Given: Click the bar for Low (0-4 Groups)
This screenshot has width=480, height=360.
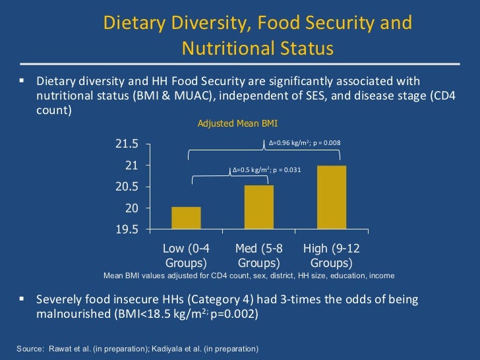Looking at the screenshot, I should point(186,218).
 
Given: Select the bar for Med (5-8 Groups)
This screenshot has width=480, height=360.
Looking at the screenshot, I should point(258,207).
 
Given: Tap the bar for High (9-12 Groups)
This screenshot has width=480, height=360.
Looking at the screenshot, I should point(331,197).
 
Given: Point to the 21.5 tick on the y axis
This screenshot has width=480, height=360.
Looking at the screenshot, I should point(127,144).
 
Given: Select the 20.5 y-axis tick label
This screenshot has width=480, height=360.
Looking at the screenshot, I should point(127,187).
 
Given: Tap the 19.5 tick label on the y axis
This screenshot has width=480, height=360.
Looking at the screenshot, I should point(127,230).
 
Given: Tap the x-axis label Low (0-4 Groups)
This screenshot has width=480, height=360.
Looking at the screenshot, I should point(186,256).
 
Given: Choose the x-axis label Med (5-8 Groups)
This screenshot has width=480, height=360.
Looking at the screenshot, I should point(258,256).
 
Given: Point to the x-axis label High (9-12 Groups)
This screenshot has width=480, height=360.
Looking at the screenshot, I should point(331,256).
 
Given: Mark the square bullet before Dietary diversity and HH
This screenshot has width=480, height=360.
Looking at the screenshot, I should point(21,81).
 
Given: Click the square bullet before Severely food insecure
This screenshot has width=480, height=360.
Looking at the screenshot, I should point(21,299).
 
